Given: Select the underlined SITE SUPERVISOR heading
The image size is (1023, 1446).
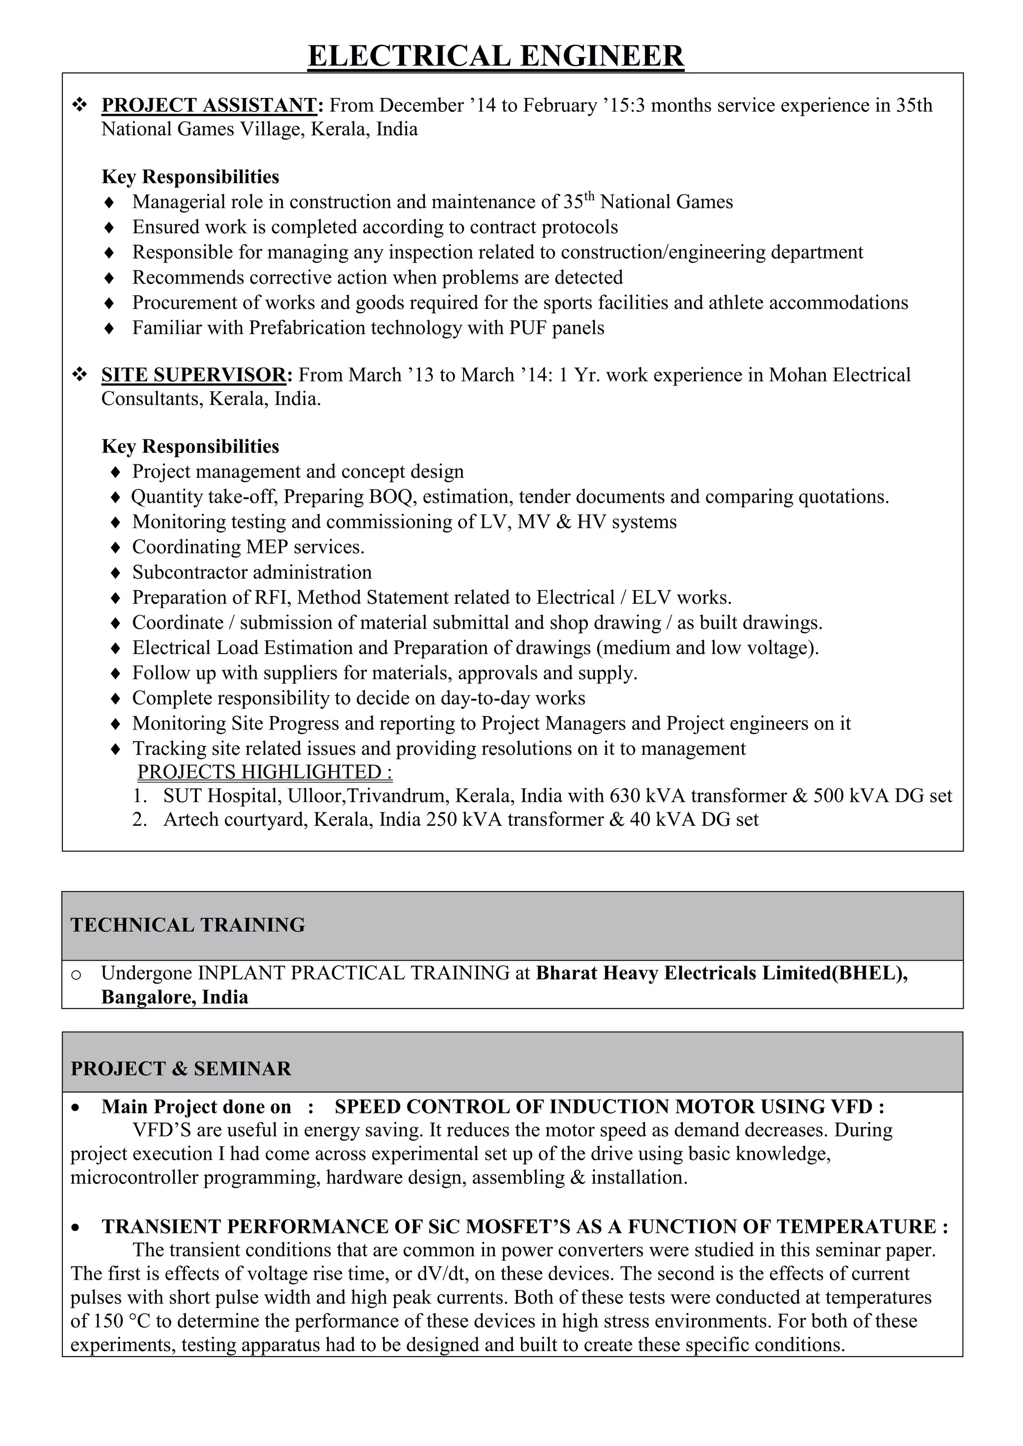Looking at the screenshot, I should (193, 374).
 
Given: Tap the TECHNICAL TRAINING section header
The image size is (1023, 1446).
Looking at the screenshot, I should (188, 925).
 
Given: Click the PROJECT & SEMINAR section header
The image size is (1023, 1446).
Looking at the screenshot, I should (181, 1069).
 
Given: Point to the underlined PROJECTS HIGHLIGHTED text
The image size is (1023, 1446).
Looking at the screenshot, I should (265, 771).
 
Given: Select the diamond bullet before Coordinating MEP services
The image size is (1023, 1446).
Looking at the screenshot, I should (115, 547).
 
